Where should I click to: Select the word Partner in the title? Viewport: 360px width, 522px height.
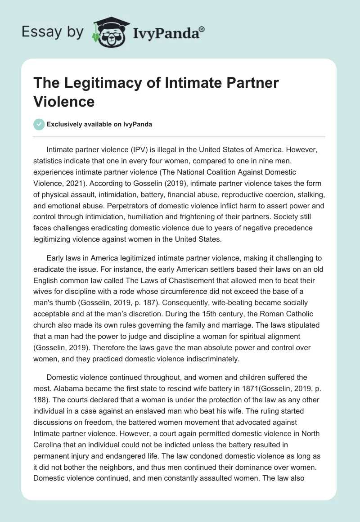[250, 83]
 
